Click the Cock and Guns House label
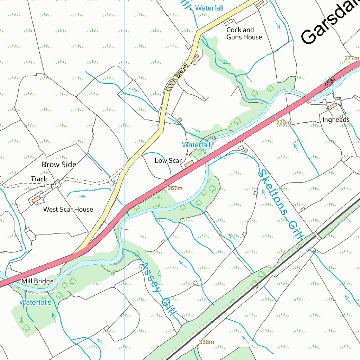244,33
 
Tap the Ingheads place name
336,120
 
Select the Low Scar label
168,161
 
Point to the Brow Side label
59,164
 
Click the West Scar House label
68,209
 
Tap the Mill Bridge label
37,281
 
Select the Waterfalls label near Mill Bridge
35,302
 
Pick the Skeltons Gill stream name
280,204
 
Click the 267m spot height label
175,188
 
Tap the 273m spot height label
283,123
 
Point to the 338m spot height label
206,342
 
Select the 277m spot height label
352,58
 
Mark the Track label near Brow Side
39,179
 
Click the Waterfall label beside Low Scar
196,144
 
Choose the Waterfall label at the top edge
209,8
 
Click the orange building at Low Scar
189,164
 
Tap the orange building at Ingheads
332,106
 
